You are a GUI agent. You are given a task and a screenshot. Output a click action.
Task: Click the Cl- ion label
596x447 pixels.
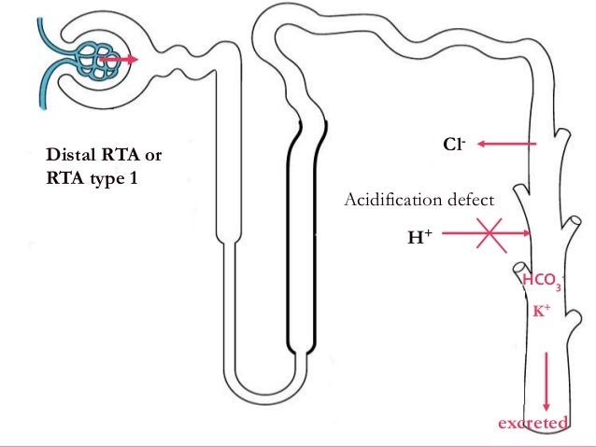pyautogui.click(x=454, y=145)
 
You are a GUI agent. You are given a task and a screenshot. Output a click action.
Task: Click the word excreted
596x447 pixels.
pyautogui.click(x=532, y=425)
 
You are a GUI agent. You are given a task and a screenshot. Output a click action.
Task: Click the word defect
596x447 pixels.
pyautogui.click(x=465, y=199)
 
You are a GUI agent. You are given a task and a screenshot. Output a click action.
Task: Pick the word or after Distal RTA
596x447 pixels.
pyautogui.click(x=152, y=154)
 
